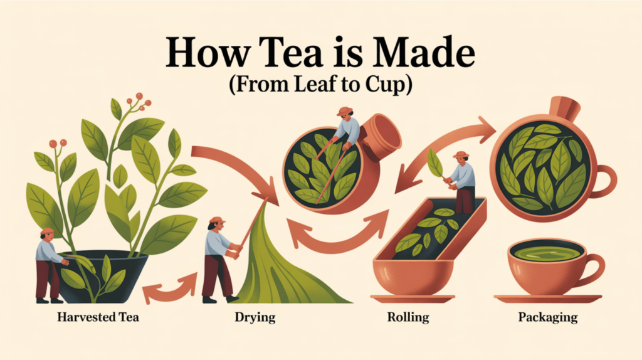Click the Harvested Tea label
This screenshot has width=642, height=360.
(98, 317)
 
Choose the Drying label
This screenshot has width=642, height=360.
(254, 317)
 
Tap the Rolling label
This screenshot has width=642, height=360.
(408, 317)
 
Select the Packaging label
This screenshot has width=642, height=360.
(547, 317)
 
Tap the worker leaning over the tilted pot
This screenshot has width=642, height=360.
(345, 129)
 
